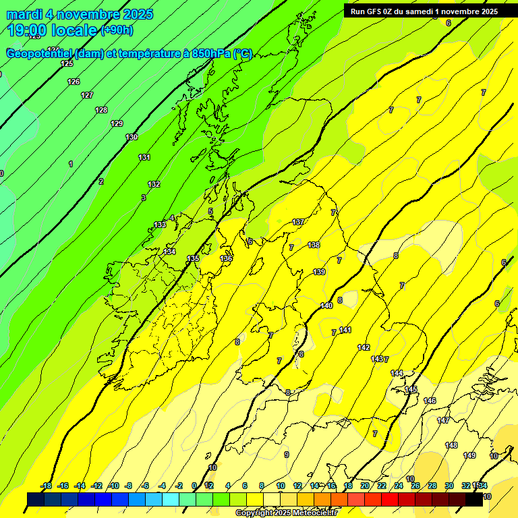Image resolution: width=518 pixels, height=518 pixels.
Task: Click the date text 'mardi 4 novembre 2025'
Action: [x=80, y=14]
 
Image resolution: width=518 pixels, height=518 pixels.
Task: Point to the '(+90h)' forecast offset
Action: [x=117, y=30]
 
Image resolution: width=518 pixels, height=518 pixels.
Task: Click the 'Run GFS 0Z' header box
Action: [x=424, y=11]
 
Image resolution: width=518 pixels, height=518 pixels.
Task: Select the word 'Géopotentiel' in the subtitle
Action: [x=40, y=54]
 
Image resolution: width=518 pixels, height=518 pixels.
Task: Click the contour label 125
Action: [x=67, y=63]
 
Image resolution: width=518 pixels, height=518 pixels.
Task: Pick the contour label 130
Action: [x=132, y=137]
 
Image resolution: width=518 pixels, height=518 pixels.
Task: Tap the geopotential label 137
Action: [x=299, y=222]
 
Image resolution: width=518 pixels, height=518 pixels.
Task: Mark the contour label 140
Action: [x=326, y=306]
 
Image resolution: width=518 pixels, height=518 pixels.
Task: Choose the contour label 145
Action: [x=411, y=389]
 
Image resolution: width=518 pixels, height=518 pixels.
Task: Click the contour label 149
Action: [x=469, y=455]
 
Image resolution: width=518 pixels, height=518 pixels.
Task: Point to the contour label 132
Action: [x=154, y=184]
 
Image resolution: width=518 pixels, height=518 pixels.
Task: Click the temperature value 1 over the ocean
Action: [x=71, y=164]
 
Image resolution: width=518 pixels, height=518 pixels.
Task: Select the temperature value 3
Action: [x=143, y=198]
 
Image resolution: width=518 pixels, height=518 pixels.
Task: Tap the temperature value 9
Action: [x=286, y=455]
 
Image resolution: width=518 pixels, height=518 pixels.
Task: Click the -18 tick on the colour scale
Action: [x=46, y=486]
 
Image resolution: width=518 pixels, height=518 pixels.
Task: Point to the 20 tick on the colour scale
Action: [x=364, y=486]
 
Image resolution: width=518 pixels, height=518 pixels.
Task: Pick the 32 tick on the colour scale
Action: [x=466, y=486]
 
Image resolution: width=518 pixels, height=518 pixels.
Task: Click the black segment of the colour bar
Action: [x=473, y=500]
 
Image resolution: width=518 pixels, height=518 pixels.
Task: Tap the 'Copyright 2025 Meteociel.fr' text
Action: [x=287, y=513]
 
